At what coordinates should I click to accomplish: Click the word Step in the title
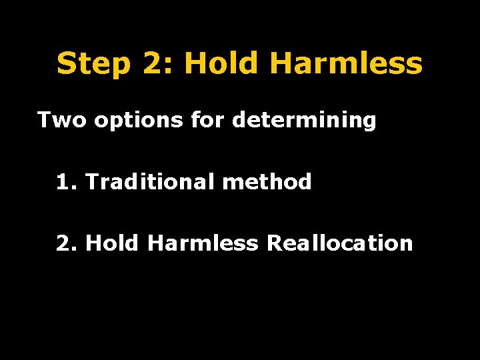click(x=93, y=64)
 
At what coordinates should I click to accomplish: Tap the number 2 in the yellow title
click(x=153, y=64)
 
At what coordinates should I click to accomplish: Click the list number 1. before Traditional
click(x=67, y=181)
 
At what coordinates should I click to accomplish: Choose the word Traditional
click(x=151, y=181)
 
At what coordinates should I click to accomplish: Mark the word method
click(x=267, y=181)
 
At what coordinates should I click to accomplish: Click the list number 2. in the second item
click(x=67, y=243)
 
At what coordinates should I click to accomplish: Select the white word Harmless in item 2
click(x=202, y=243)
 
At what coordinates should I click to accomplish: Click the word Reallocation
click(x=340, y=243)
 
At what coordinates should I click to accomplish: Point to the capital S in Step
click(x=67, y=64)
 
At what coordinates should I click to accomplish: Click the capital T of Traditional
click(x=92, y=181)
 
